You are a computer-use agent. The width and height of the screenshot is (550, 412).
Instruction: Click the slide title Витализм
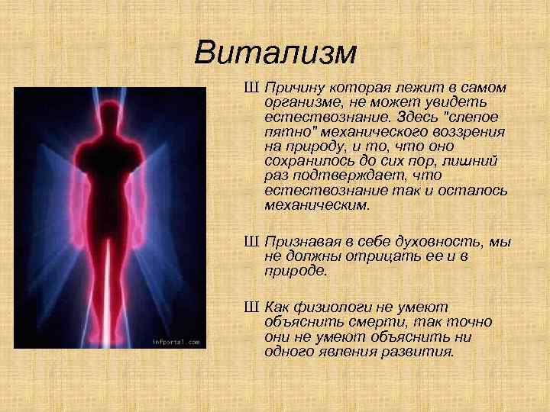[275, 53]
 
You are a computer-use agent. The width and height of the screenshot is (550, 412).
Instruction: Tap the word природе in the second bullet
[295, 269]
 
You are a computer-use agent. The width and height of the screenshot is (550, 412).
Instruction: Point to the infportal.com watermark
[175, 342]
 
